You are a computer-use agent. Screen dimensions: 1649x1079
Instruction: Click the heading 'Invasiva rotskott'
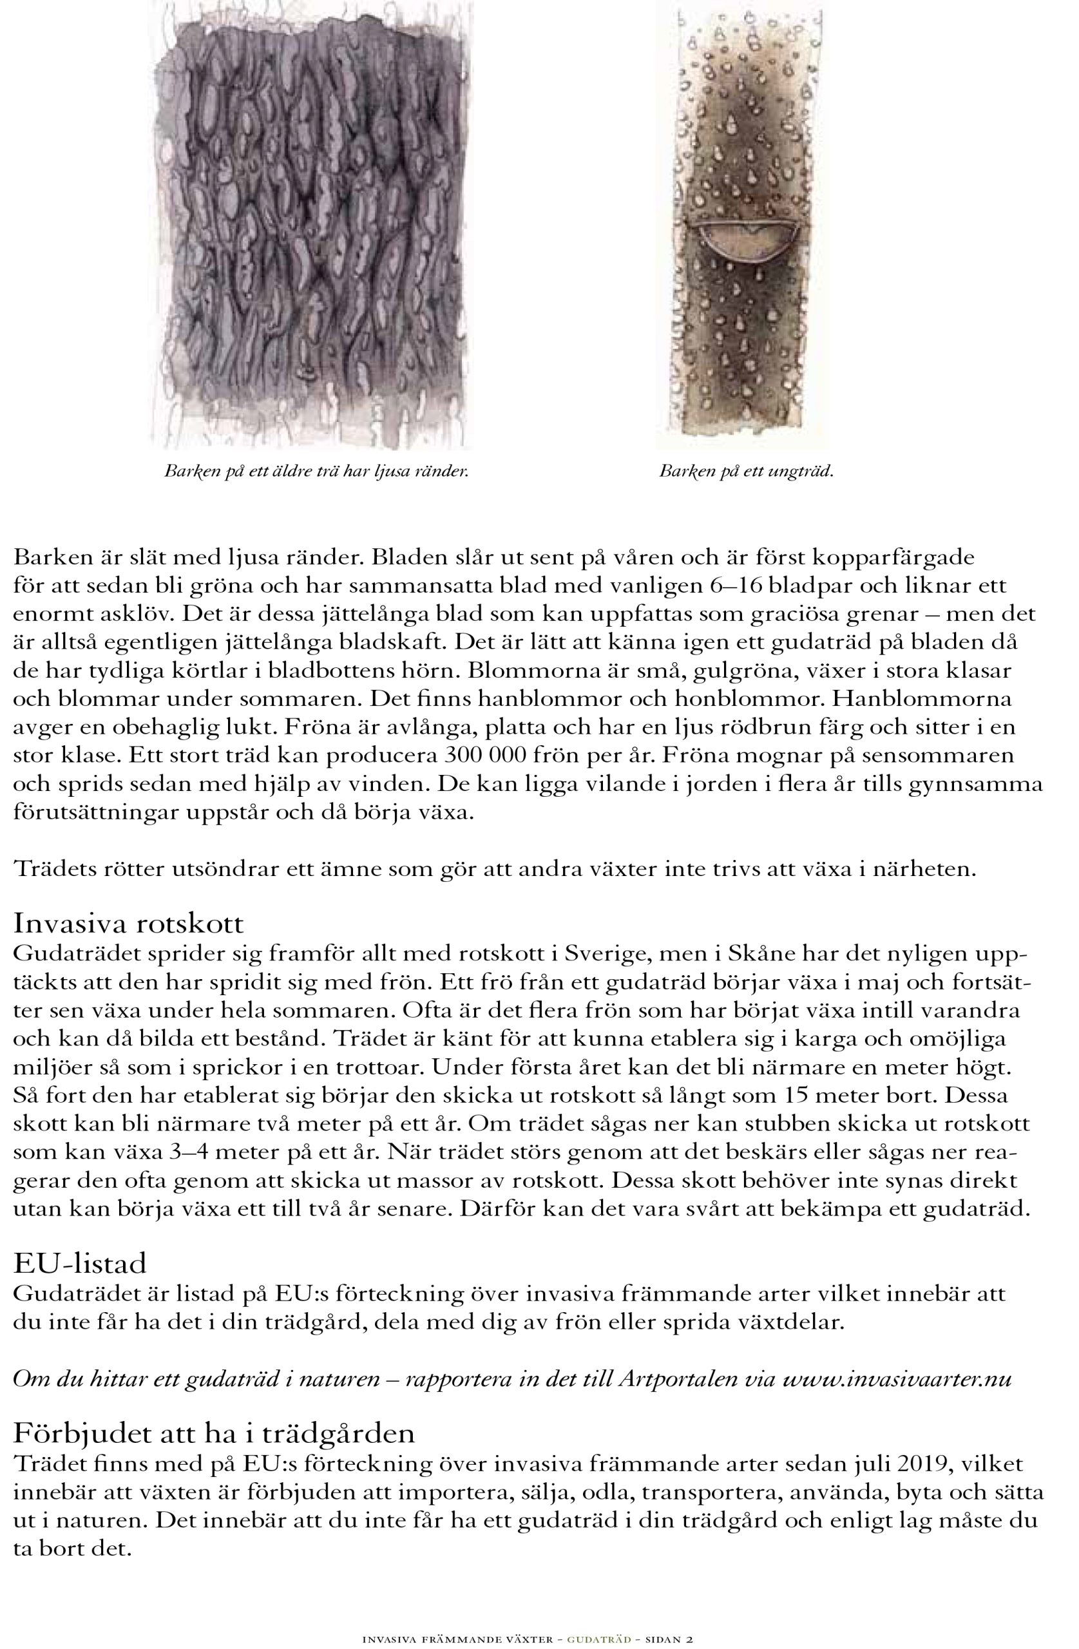tap(129, 924)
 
